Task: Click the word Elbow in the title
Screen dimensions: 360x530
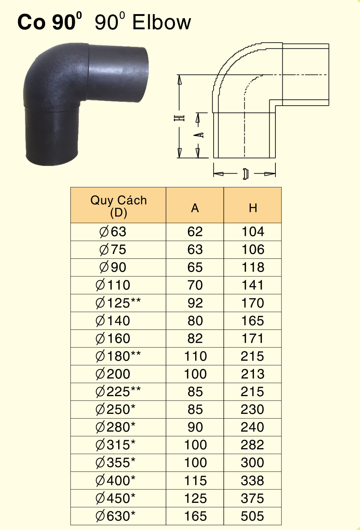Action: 162,22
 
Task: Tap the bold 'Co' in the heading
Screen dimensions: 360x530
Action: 31,23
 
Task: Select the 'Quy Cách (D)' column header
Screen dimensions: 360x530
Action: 119,206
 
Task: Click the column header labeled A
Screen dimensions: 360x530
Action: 195,208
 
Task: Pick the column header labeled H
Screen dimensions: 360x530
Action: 253,208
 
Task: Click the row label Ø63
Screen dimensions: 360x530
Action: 113,232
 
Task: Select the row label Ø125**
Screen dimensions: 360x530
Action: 118,303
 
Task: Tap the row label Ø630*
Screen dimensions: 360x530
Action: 115,516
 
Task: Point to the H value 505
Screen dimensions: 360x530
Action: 252,516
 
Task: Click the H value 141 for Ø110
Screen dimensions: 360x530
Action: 252,285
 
